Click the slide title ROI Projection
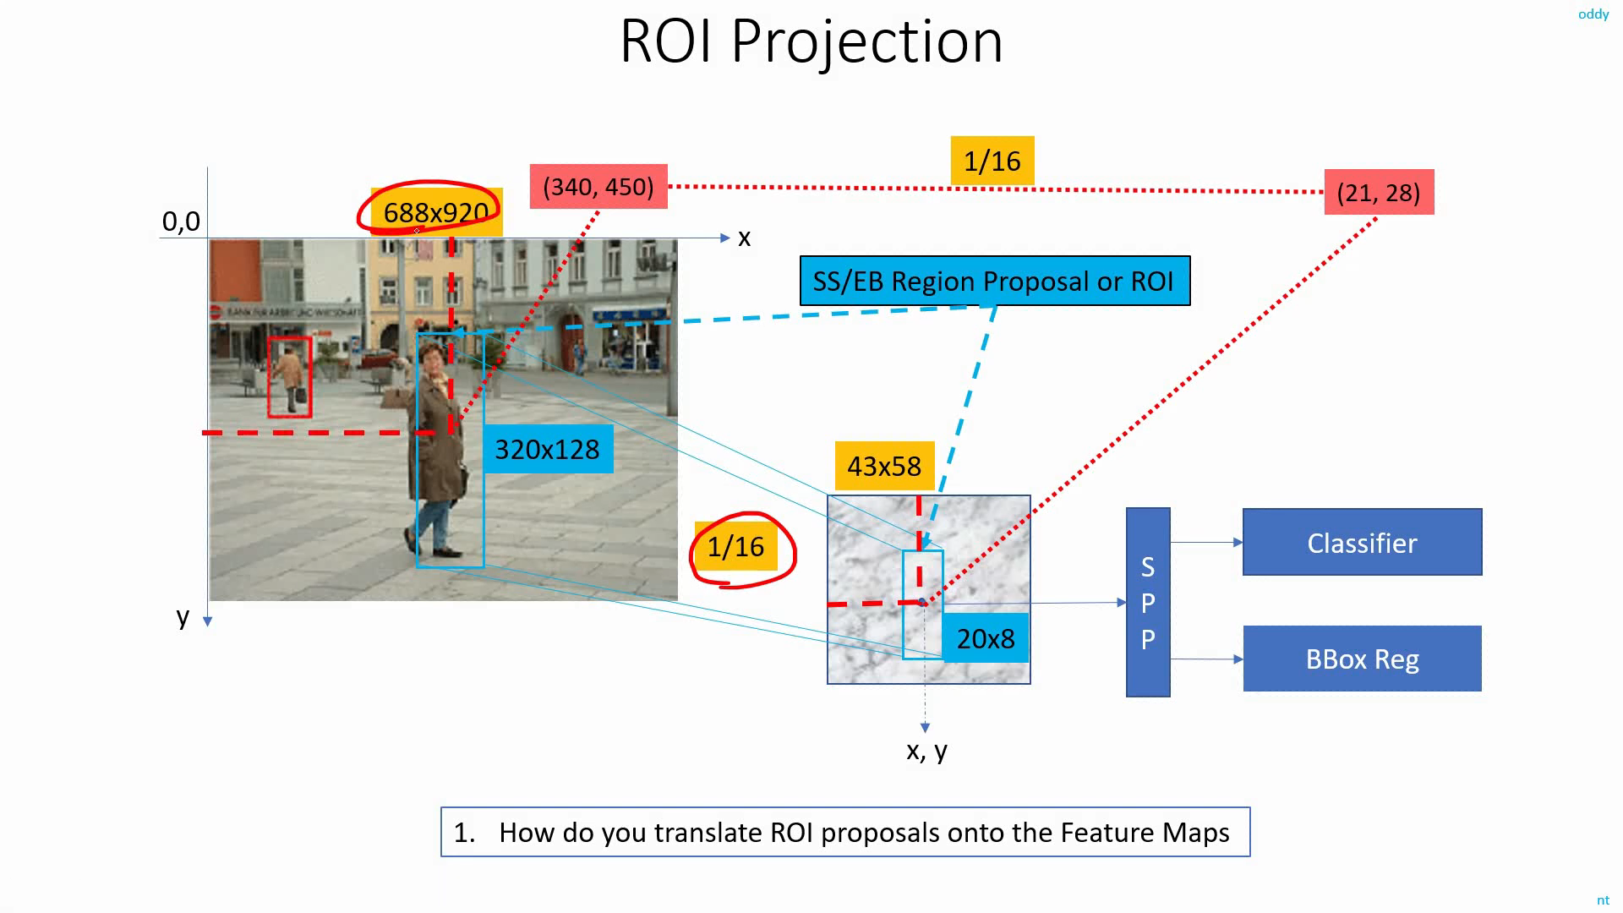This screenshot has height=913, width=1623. (811, 41)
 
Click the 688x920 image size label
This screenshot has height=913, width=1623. (436, 212)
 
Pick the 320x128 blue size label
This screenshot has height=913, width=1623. (547, 449)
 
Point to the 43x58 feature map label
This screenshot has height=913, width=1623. (884, 466)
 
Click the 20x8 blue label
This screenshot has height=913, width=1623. (986, 638)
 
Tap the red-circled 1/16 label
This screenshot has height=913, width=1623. (735, 546)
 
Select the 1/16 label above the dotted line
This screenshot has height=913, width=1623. (992, 161)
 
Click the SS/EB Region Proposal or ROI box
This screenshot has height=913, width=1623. (995, 281)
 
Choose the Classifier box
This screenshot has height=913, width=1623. (1363, 542)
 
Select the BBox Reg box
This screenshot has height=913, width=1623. (1363, 659)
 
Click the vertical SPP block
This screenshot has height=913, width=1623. (1148, 603)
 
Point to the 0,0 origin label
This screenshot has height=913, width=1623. (181, 221)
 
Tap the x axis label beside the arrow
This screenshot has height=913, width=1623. (744, 238)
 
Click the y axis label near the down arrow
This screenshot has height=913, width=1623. (183, 616)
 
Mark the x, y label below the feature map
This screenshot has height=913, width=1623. (926, 751)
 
